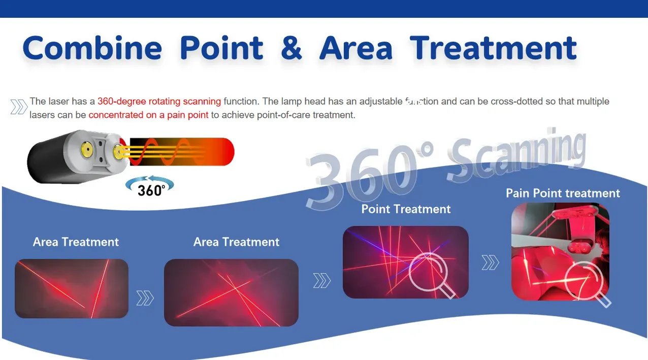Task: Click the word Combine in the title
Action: (92, 48)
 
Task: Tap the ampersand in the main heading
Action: (291, 48)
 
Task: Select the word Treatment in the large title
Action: (494, 48)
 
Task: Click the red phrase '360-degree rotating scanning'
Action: (159, 102)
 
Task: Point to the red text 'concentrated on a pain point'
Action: (148, 115)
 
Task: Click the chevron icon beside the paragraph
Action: (19, 107)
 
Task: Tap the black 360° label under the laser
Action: (151, 190)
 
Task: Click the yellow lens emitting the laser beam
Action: (118, 151)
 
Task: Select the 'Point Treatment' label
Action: (406, 209)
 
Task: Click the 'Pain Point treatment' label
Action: (563, 193)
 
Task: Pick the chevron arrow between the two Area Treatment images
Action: (145, 298)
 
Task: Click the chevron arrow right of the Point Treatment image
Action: (491, 263)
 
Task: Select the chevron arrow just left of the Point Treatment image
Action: (321, 280)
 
